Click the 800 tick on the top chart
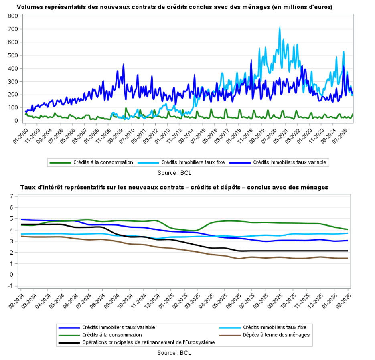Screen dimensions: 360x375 coord(12,16)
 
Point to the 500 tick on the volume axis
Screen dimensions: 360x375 coord(12,55)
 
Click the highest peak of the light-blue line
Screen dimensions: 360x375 coord(280,27)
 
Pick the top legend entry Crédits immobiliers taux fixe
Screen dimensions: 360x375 coord(193,162)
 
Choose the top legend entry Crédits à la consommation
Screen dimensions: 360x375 coord(103,162)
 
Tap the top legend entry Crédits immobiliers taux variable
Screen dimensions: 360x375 coord(290,162)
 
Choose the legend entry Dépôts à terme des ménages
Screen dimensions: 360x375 coord(276,335)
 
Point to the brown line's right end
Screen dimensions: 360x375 coord(347,258)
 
